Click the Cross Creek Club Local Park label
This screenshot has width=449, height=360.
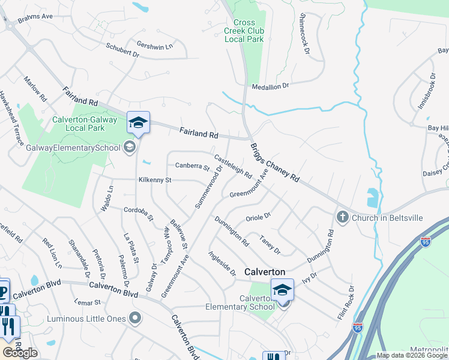244,31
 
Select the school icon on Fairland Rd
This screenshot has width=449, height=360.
138,123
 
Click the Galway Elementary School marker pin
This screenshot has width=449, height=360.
129,147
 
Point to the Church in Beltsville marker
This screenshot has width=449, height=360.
343,217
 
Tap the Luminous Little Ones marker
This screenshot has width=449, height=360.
136,318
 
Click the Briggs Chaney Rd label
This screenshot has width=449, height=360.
274,163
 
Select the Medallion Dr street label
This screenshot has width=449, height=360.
270,86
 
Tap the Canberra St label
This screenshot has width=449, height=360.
191,166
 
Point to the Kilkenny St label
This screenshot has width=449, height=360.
155,179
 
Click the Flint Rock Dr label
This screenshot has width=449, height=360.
346,302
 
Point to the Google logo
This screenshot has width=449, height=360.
20,353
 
